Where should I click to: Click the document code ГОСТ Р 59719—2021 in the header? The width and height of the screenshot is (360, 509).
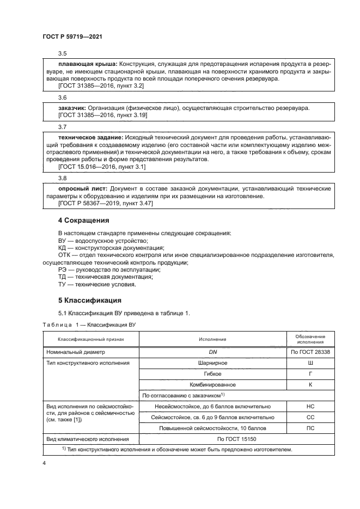(x=72, y=36)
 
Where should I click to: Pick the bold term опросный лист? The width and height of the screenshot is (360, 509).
(x=80, y=188)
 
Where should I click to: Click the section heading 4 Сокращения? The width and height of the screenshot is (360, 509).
(x=84, y=220)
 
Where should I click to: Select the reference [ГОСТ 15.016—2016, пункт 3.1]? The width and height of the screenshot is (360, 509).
(x=102, y=167)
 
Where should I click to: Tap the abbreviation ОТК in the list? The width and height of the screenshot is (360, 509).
(x=65, y=255)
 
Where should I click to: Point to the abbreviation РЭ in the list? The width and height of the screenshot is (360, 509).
(x=63, y=270)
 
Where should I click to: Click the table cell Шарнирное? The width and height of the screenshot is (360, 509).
(x=213, y=363)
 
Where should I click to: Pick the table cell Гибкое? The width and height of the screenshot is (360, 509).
(x=213, y=374)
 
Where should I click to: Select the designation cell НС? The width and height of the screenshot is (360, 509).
(x=310, y=406)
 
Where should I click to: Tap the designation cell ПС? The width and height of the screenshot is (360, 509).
(x=310, y=428)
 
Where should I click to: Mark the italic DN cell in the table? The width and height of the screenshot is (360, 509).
(x=213, y=352)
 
